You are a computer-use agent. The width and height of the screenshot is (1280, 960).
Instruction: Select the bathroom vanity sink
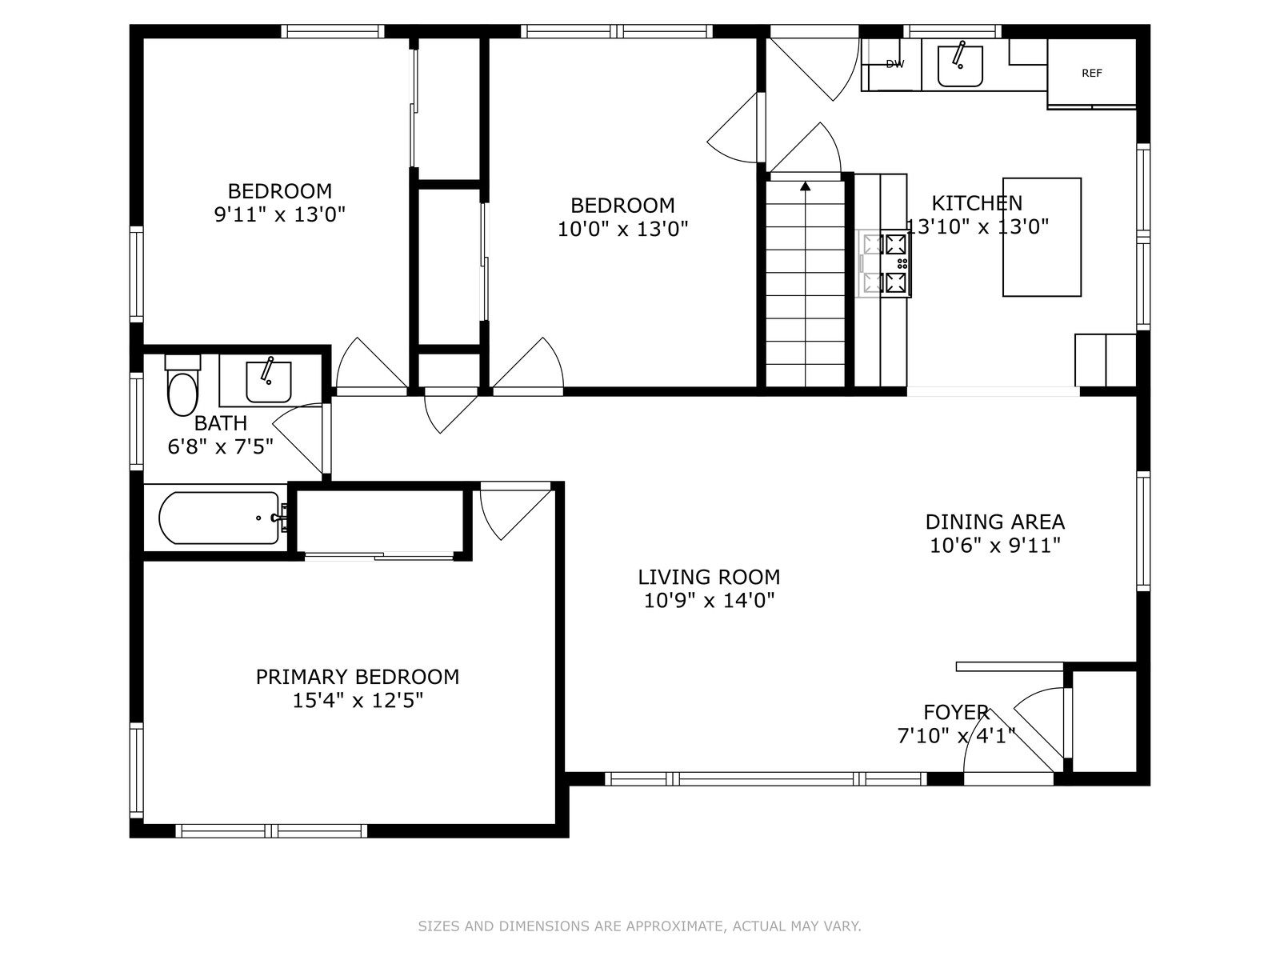[x=268, y=382]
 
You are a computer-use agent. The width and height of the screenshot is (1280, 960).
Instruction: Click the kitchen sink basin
[x=960, y=66]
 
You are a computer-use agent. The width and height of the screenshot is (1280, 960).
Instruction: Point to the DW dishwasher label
[x=894, y=64]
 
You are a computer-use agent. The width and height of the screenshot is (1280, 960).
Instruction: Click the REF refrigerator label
[x=1092, y=73]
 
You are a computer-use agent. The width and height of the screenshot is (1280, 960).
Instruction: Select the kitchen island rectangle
[x=1042, y=238]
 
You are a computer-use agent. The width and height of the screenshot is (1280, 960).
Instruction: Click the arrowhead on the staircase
[x=806, y=186]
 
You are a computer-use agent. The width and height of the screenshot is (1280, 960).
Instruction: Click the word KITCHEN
[x=977, y=203]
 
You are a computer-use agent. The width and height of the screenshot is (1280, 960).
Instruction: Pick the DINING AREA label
[x=995, y=522]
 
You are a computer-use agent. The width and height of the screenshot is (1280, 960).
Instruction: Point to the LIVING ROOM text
[x=709, y=577]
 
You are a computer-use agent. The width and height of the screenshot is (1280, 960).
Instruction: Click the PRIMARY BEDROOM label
[x=358, y=677]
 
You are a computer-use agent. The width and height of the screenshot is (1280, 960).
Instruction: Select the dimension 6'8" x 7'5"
[x=221, y=447]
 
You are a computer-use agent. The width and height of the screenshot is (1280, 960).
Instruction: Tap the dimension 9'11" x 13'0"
[x=280, y=214]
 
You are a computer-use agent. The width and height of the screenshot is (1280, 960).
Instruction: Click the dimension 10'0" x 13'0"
[x=622, y=229]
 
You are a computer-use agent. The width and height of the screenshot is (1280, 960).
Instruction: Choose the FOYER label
[x=956, y=712]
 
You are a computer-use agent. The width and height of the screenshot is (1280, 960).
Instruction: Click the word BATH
[x=221, y=423]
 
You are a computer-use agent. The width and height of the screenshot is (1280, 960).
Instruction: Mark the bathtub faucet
[x=280, y=518]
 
